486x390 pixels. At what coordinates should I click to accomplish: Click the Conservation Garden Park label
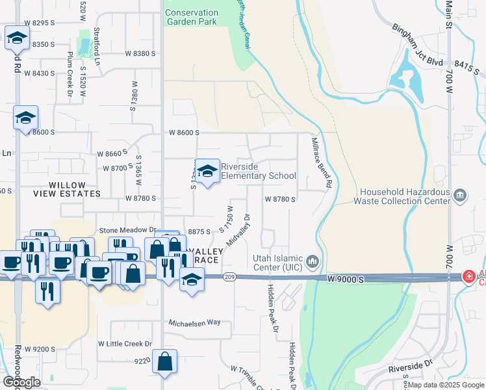coord(192,17)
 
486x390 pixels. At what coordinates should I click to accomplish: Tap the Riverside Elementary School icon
coord(208,171)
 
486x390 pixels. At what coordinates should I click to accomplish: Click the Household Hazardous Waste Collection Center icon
coord(460,195)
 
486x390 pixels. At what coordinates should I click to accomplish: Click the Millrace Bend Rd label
coord(321,162)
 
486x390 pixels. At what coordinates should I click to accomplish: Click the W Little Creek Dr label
coord(125,344)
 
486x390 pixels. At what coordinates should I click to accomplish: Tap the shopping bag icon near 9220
coord(165,362)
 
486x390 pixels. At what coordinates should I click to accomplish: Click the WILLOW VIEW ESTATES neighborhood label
coord(68,194)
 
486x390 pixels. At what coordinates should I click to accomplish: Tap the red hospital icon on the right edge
coord(468,278)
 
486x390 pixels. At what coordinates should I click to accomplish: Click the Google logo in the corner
coord(21,382)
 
